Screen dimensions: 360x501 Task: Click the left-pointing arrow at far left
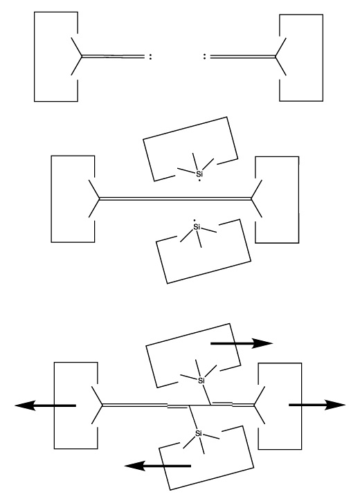[46, 406]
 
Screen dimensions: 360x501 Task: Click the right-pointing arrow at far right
[317, 405]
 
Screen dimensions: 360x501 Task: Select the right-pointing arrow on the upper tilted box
[242, 343]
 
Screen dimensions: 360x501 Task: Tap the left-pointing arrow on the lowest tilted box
[157, 466]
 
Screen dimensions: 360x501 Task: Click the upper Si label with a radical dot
[199, 174]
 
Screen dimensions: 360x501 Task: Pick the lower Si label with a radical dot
[197, 227]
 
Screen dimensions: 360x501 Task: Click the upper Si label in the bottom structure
[201, 380]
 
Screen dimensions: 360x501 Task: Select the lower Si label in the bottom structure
[199, 433]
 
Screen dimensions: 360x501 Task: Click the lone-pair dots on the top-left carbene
[150, 57]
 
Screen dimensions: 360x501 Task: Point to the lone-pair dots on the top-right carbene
[205, 57]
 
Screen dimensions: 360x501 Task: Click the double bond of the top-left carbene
[113, 57]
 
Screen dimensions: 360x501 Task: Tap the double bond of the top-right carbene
[243, 57]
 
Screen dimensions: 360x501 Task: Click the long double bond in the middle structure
[175, 199]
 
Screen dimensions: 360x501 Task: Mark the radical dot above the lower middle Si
[195, 221]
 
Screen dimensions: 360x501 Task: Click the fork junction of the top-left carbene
[82, 57]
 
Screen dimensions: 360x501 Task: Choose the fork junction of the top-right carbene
[276, 57]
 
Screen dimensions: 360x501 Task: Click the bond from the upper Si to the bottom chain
[206, 394]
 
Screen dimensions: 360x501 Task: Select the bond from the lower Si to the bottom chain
[192, 417]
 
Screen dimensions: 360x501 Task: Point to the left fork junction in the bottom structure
[102, 405]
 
